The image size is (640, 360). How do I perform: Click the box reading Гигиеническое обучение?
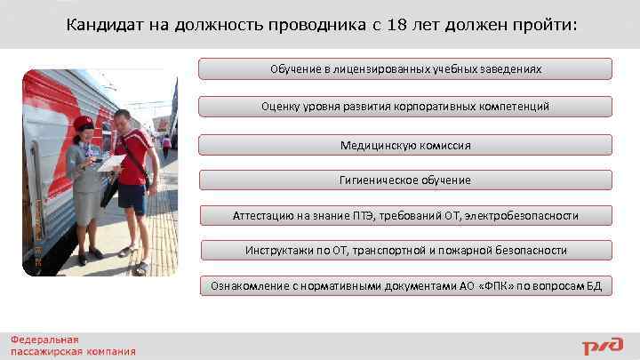tap(405, 180)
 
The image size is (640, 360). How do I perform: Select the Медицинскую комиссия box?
tap(405, 145)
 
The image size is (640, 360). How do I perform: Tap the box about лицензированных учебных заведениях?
tap(405, 68)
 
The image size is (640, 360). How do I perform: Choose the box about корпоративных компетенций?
tap(405, 107)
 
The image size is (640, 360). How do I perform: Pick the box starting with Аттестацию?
tap(405, 215)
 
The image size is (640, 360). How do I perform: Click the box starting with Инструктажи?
tap(405, 250)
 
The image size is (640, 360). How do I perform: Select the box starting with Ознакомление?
tap(405, 285)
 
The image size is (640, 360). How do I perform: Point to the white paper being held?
tap(111, 162)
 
